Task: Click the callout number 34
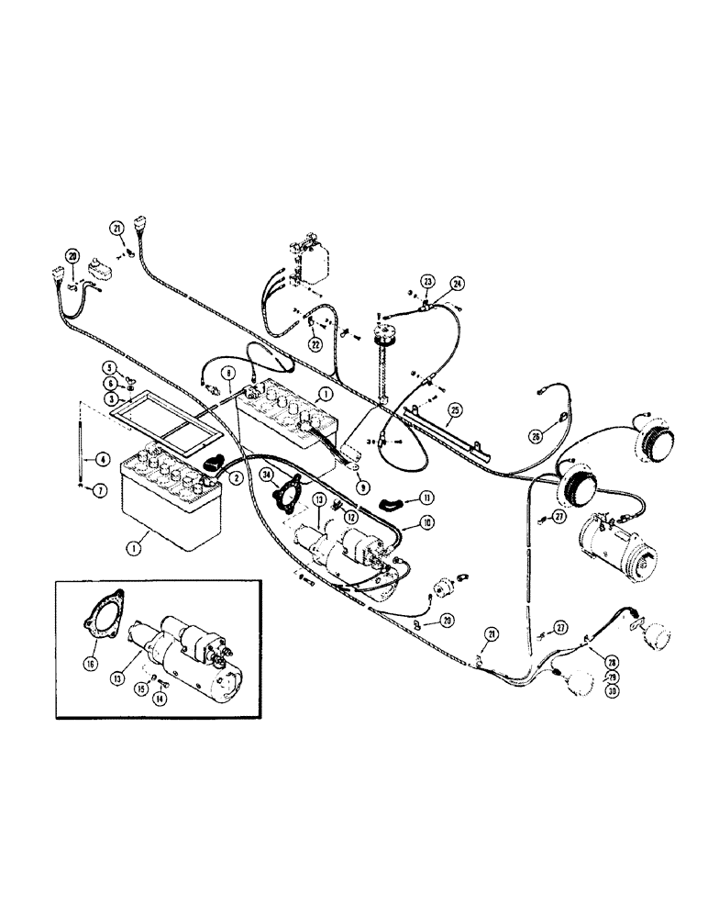point(266,475)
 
